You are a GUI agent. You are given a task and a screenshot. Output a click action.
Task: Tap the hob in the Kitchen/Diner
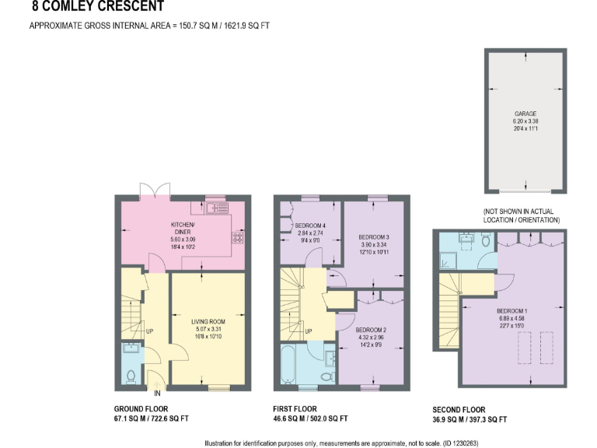236,237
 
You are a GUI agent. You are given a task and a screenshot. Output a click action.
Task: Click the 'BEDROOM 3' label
373,236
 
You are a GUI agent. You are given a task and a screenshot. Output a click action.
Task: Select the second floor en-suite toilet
484,240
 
